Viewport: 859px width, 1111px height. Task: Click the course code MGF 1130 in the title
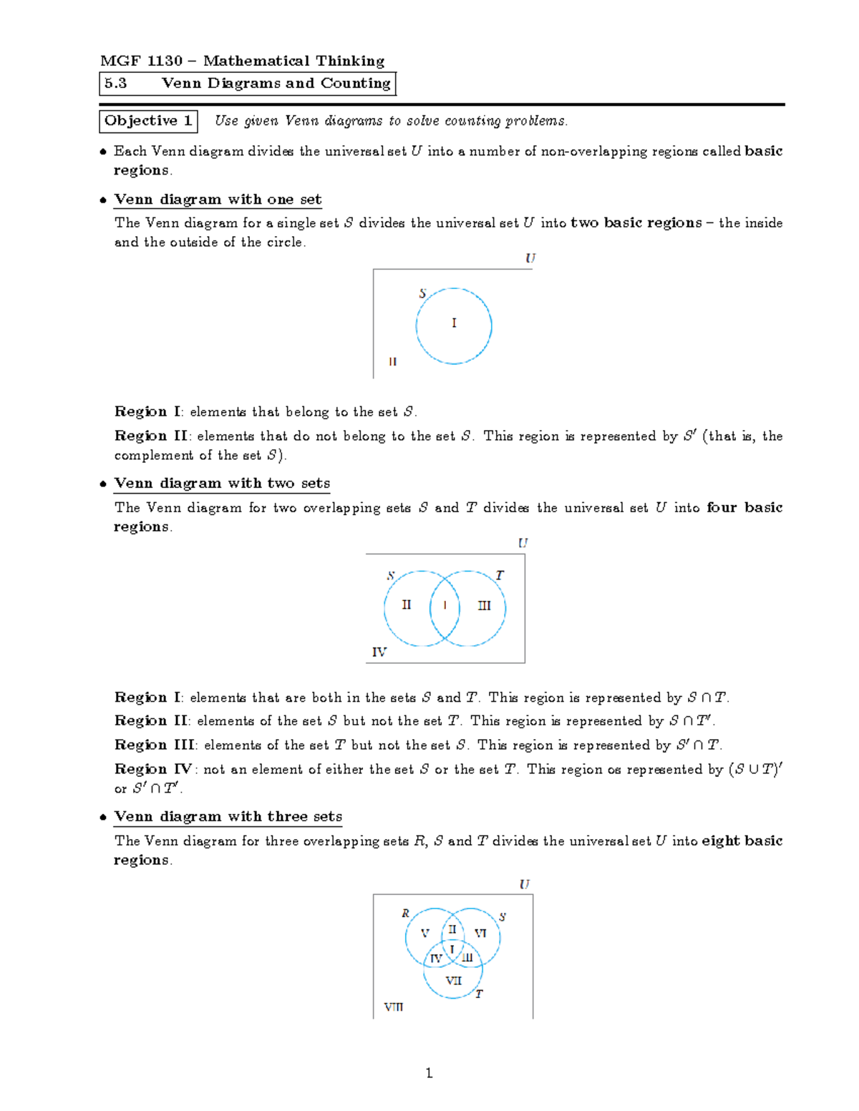pos(141,61)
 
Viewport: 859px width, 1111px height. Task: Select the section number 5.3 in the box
pos(115,83)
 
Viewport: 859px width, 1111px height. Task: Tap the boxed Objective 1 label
pos(148,121)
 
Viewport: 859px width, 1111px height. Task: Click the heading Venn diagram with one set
pos(218,200)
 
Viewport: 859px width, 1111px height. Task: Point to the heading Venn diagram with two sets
pos(222,484)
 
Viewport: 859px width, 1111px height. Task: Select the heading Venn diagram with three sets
pos(228,817)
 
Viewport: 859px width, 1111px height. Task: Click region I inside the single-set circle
pos(454,323)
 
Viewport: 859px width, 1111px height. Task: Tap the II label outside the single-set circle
pos(392,362)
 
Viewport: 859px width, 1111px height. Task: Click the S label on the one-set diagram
pos(422,293)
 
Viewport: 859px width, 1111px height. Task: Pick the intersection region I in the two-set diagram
pos(445,606)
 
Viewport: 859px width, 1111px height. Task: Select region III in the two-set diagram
pos(485,606)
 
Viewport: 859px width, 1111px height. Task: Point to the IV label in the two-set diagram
pos(379,652)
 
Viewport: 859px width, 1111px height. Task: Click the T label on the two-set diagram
pos(500,575)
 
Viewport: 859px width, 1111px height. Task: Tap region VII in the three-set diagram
pos(454,981)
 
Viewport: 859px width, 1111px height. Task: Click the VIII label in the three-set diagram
pos(394,1007)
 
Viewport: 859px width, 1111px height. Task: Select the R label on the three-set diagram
pos(405,914)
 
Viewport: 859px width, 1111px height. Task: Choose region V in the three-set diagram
pos(424,934)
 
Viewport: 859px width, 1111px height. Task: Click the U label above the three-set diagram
pos(525,884)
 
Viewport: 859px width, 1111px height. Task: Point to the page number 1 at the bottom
pos(429,1072)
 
